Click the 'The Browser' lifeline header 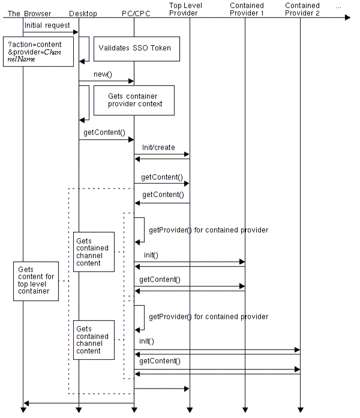[x=29, y=13]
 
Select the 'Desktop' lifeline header [x=83, y=13]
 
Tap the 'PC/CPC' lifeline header [x=136, y=13]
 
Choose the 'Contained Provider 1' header [x=247, y=9]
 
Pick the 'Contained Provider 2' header [x=302, y=9]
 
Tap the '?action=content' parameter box [x=37, y=51]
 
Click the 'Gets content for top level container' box [x=36, y=281]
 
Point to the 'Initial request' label [x=47, y=26]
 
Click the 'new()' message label [x=103, y=74]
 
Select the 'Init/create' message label [x=158, y=147]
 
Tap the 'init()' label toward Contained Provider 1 [x=151, y=255]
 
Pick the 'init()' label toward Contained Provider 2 [x=146, y=341]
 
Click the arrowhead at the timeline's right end [x=347, y=18]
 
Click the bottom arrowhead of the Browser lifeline [x=23, y=410]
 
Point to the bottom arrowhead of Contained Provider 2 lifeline [x=301, y=410]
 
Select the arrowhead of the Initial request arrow [x=76, y=32]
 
